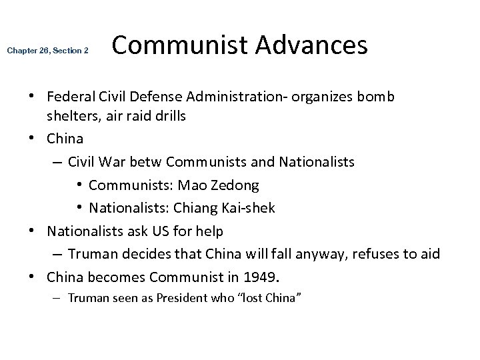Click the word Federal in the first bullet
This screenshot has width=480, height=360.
tap(70, 97)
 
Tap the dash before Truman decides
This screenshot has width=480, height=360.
tap(57, 253)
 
